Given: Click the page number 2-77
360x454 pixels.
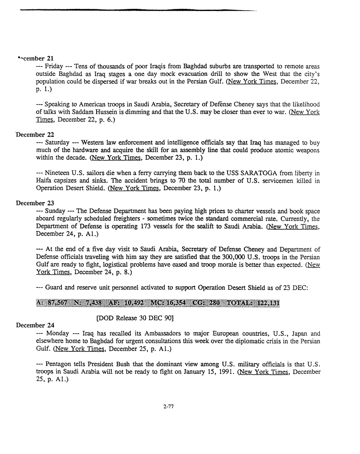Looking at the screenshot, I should pos(169,406).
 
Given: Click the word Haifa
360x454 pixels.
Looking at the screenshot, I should pos(44,181).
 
